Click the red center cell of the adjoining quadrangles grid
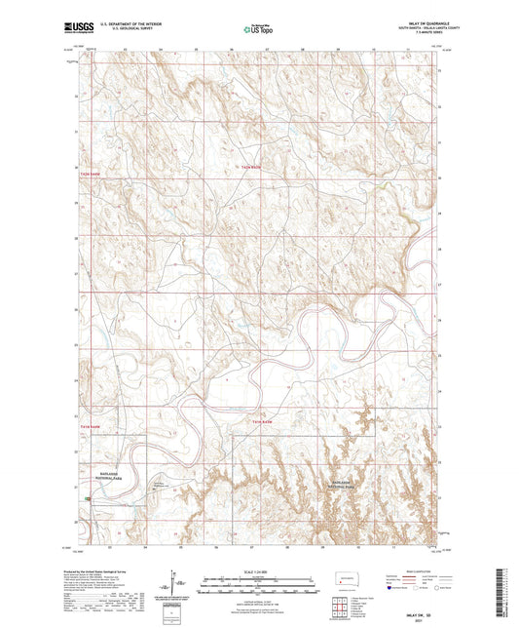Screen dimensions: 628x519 point(339,606)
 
